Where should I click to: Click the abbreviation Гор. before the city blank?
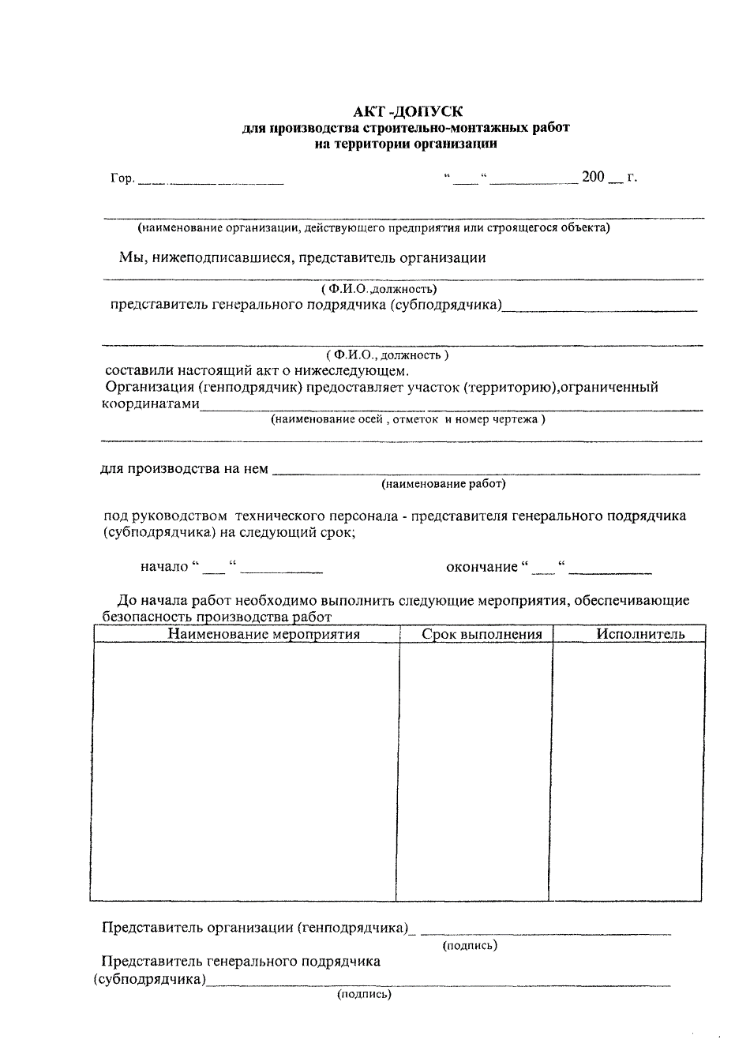coord(122,178)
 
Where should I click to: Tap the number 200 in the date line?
coord(593,177)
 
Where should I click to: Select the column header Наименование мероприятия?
coord(264,634)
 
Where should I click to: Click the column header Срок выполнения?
coord(482,634)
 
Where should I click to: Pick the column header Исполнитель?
coord(640,634)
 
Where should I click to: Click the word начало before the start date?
coord(164,566)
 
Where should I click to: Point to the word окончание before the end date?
coord(482,566)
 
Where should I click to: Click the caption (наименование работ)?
coord(443,483)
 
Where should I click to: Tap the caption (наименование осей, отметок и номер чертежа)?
coord(407,419)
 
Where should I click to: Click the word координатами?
coord(151,404)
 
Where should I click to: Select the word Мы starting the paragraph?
coord(129,257)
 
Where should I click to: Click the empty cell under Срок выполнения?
coord(474,770)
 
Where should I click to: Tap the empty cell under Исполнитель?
coord(626,770)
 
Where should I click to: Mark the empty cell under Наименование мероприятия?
coord(244,770)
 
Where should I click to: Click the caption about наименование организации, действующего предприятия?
coord(373,228)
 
